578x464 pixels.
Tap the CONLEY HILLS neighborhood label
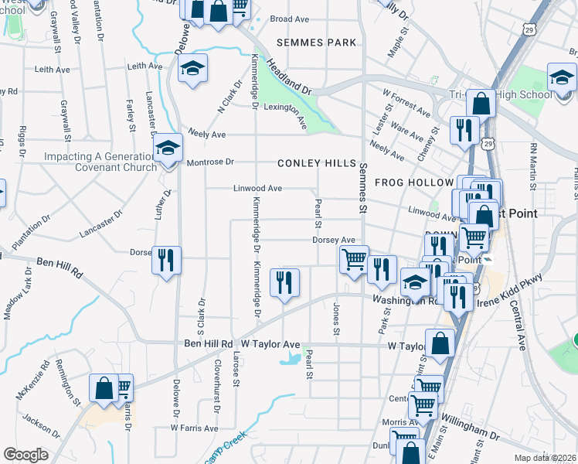[318, 164]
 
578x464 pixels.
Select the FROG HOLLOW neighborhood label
[413, 183]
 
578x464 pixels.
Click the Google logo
[25, 454]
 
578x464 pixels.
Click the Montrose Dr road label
[210, 163]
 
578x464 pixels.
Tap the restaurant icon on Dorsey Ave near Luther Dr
[166, 260]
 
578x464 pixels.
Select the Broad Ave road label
[289, 19]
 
